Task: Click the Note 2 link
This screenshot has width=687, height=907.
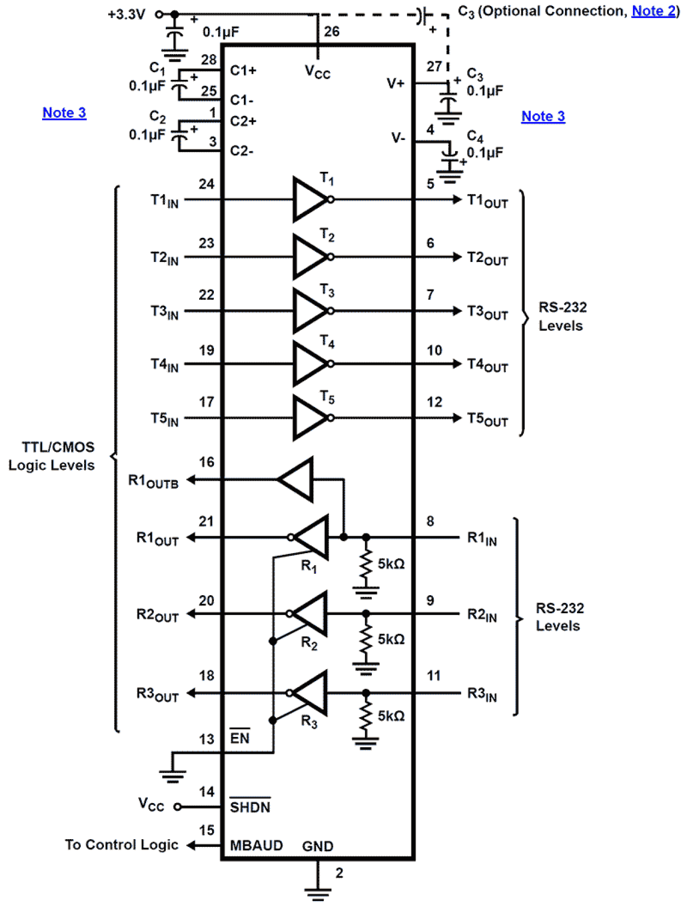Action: click(654, 11)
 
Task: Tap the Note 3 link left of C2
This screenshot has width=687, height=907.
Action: click(64, 113)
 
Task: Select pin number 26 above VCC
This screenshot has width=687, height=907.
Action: click(331, 32)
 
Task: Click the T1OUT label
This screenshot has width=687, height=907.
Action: click(487, 201)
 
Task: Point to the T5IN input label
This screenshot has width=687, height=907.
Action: click(164, 419)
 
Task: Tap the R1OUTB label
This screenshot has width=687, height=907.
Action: click(153, 481)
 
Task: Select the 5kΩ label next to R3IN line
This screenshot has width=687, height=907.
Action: click(391, 716)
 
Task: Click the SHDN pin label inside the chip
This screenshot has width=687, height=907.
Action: click(250, 807)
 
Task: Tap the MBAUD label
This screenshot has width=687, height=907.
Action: click(256, 846)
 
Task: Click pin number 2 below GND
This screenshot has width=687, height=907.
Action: click(339, 873)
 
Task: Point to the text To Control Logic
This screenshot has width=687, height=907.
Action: click(121, 845)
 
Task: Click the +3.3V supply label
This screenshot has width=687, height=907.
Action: click(126, 14)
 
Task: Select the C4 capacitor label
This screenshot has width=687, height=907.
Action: click(475, 136)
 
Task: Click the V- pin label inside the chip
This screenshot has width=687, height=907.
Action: click(398, 138)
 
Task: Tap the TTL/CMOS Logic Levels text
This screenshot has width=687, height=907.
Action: click(53, 456)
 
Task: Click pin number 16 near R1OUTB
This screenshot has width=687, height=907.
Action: click(206, 462)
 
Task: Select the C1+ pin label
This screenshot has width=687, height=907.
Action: click(243, 71)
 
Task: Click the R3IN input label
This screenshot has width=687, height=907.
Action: click(481, 694)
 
